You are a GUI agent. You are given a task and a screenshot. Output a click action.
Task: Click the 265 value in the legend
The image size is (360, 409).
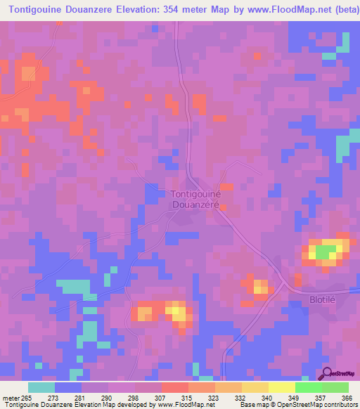[x=27, y=398]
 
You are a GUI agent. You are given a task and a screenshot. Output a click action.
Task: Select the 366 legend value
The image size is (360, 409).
[x=345, y=398]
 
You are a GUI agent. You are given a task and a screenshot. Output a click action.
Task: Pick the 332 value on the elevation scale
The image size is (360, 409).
[x=241, y=398]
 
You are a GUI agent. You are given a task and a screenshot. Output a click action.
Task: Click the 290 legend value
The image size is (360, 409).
[x=108, y=398]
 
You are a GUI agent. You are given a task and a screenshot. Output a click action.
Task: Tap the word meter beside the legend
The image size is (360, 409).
[x=9, y=398]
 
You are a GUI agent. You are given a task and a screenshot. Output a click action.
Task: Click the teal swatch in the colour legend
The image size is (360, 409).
[x=41, y=387]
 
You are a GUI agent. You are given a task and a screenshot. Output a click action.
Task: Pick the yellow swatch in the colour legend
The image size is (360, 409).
[x=281, y=387]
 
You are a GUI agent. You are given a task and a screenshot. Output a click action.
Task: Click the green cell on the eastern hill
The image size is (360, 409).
[x=324, y=251]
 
